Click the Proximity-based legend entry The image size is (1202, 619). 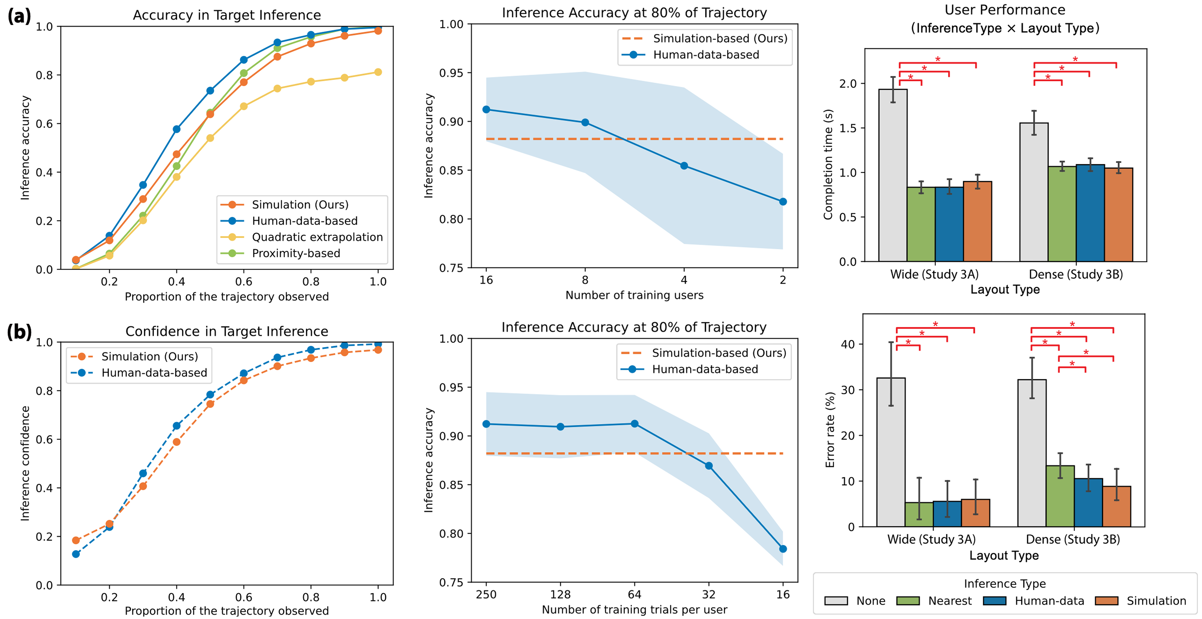pyautogui.click(x=296, y=253)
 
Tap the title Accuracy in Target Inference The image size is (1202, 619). pyautogui.click(x=227, y=15)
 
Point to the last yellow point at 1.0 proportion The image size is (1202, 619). pyautogui.click(x=378, y=72)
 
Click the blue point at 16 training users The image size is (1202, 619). pyautogui.click(x=486, y=109)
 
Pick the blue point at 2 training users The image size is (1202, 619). pyautogui.click(x=783, y=202)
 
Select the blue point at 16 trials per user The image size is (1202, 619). pyautogui.click(x=783, y=549)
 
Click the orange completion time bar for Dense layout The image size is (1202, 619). pyautogui.click(x=1119, y=215)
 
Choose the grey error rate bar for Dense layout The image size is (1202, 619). pyautogui.click(x=1032, y=453)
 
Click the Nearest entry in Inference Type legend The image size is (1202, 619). pyautogui.click(x=950, y=601)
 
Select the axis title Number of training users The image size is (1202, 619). pyautogui.click(x=634, y=295)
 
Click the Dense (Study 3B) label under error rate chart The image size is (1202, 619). pyautogui.click(x=1073, y=540)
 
